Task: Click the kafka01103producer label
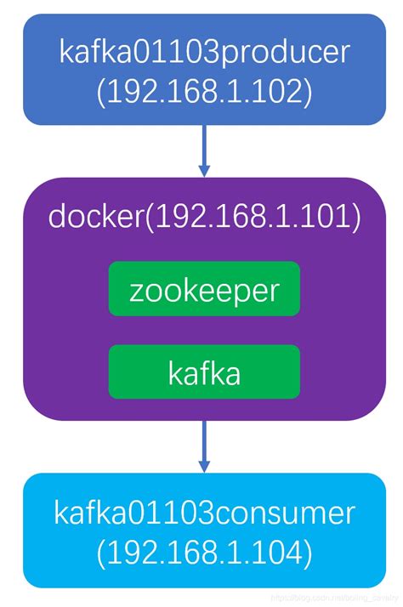coord(204,53)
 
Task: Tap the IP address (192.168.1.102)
coord(204,91)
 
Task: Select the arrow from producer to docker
coord(204,148)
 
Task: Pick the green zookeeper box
coord(204,290)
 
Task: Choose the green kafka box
coord(204,372)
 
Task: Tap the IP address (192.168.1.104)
coord(204,553)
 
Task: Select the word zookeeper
coord(204,290)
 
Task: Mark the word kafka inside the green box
coord(204,372)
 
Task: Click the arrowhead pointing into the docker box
coord(204,170)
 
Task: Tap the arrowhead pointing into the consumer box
coord(204,467)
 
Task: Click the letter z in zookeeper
coord(137,292)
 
